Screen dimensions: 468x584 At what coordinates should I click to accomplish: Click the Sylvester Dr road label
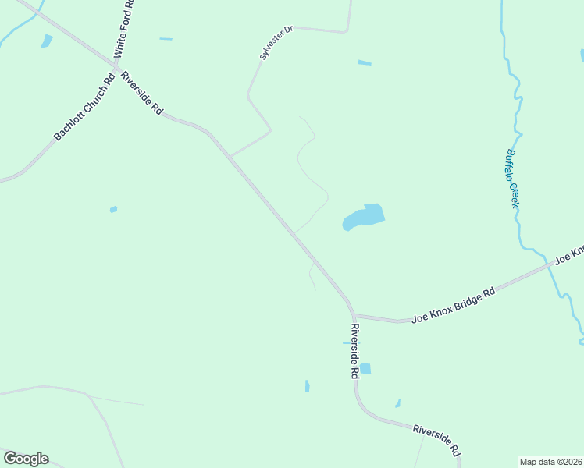point(276,43)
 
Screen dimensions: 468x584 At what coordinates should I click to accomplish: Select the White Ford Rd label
point(124,29)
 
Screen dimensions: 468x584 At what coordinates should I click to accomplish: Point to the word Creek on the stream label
point(515,195)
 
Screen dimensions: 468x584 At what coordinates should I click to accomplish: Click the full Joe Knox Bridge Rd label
point(454,305)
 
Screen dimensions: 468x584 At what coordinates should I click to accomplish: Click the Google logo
point(26,459)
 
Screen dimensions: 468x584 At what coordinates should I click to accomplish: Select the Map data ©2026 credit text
point(551,461)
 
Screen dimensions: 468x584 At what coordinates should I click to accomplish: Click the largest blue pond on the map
point(365,217)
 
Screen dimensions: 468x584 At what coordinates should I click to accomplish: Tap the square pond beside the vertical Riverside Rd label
point(365,368)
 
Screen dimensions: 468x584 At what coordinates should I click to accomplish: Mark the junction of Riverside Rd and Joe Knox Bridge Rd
point(352,314)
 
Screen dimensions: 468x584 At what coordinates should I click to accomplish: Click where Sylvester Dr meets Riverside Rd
point(230,156)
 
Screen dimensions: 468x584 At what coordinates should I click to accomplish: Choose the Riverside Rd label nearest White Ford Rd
point(141,94)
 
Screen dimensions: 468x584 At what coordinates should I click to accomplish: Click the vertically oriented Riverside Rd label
point(354,351)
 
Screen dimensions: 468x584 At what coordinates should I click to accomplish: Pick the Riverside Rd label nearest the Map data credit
point(437,440)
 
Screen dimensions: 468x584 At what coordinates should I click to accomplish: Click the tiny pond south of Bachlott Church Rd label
point(113,209)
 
